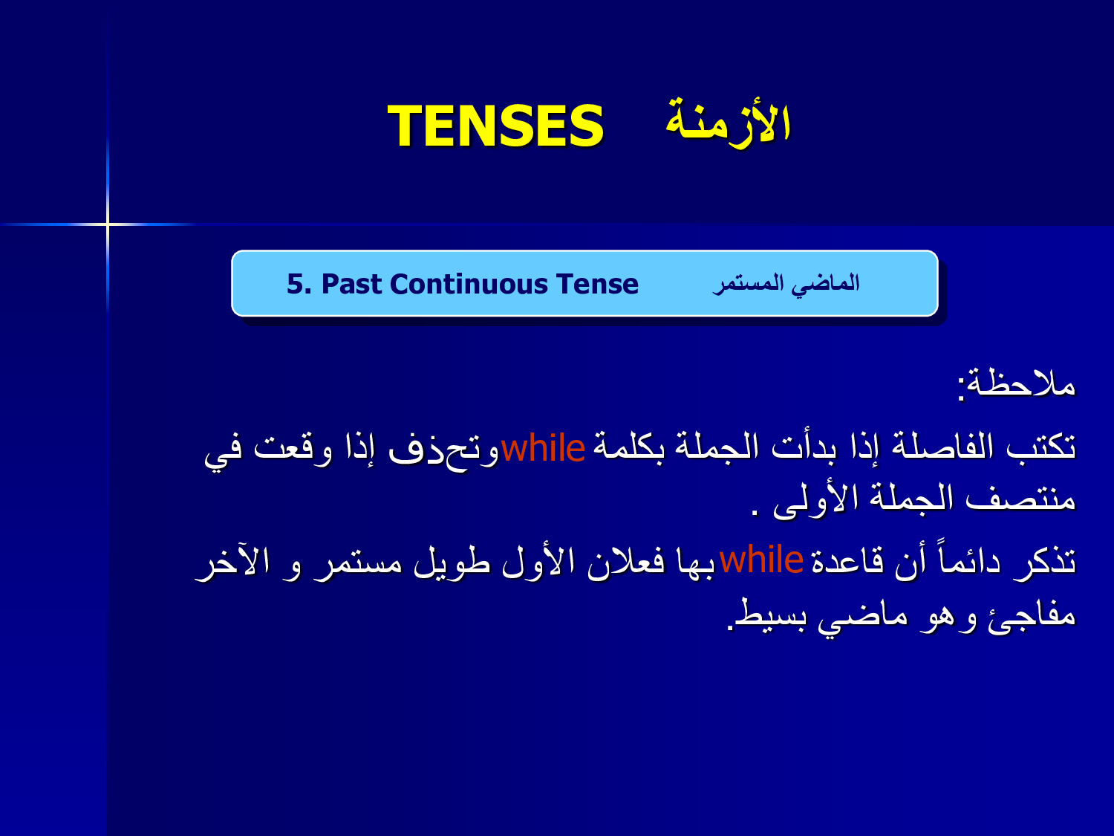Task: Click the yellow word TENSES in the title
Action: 495,126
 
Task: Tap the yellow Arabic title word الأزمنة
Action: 729,122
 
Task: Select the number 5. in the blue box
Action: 299,284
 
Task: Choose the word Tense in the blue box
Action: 597,284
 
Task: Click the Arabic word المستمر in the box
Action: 749,285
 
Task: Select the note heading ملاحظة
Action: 1021,383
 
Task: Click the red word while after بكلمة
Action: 543,448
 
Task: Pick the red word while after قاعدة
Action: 761,560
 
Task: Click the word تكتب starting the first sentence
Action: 1041,447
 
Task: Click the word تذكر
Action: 1046,563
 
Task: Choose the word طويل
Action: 452,563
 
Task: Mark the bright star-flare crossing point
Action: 108,224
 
